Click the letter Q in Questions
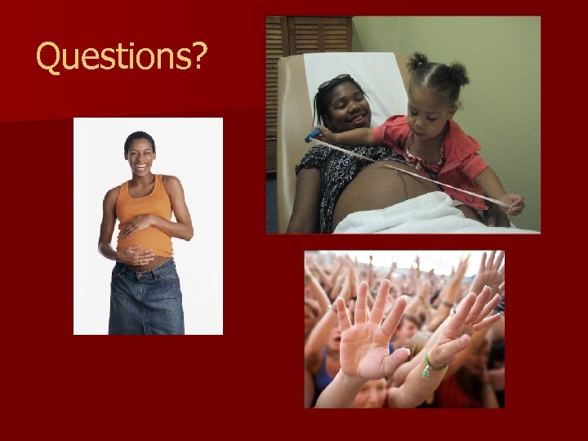49,56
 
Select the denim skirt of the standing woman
145,298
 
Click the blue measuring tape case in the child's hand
314,135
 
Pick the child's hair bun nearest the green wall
458,74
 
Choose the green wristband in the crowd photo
431,368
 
